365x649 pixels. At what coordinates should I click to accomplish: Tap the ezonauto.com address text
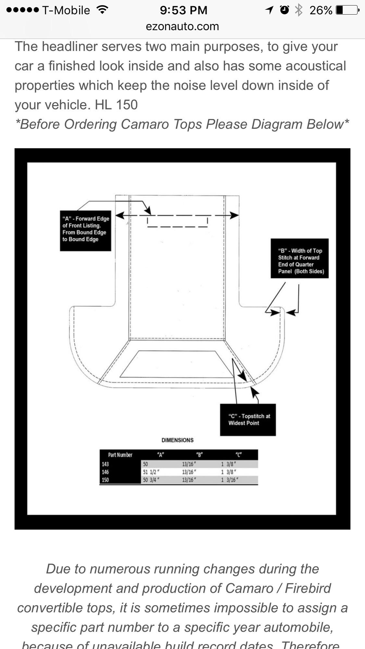182,26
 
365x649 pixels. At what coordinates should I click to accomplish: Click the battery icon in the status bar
347,10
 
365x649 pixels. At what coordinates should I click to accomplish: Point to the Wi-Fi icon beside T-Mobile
102,10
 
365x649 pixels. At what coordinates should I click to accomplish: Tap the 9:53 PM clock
183,10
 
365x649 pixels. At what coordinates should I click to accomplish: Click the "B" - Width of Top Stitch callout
300,258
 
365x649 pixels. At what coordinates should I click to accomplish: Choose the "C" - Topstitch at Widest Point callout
248,420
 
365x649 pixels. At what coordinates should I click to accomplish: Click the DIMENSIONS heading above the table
177,440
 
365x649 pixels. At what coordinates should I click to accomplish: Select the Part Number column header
120,455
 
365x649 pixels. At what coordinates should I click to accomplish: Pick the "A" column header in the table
160,455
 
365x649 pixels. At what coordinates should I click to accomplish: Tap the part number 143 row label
105,464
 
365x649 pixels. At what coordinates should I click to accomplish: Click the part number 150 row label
105,480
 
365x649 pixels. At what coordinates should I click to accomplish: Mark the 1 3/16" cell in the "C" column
229,480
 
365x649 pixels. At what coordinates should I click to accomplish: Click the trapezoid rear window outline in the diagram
177,364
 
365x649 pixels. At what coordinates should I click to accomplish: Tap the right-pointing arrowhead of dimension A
234,215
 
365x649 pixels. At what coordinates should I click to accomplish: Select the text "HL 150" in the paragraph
116,105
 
